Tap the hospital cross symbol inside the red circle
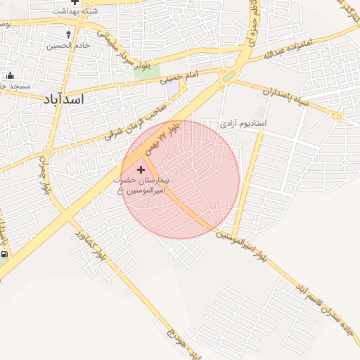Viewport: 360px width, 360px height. [x=141, y=169]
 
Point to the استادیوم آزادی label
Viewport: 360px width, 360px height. [x=244, y=123]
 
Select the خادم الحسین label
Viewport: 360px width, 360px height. [x=68, y=46]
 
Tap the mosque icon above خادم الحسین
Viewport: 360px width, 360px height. [x=68, y=34]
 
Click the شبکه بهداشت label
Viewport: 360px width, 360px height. [x=75, y=11]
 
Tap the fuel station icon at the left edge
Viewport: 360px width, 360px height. [x=4, y=256]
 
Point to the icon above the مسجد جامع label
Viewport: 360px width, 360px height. [x=10, y=76]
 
